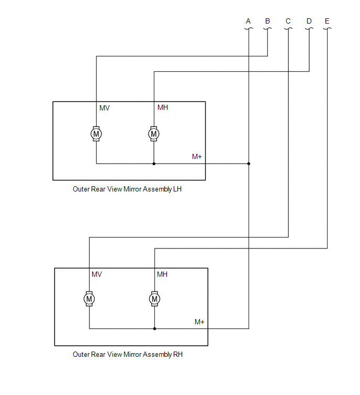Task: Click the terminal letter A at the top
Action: tap(248, 21)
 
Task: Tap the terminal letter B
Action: tap(267, 21)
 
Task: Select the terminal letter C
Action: tap(288, 21)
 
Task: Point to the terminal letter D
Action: tap(309, 21)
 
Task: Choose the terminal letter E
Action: tap(327, 21)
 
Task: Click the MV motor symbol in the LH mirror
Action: tap(96, 134)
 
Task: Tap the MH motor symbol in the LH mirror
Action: tap(154, 134)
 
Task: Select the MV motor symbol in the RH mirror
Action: tap(89, 298)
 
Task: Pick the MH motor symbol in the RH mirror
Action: tap(154, 298)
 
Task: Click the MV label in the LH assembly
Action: tap(105, 108)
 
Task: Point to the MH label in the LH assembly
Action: tap(163, 108)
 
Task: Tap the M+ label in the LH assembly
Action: tap(197, 156)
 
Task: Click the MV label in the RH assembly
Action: tap(97, 274)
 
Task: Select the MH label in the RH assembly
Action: tap(162, 274)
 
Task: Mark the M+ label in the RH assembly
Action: tap(199, 322)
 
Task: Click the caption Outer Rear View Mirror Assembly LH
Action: tap(127, 189)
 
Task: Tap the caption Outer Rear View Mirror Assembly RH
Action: tap(128, 354)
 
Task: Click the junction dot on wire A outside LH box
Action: tap(249, 164)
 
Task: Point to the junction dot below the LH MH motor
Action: tap(154, 164)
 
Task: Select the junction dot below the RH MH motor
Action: tap(154, 329)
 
